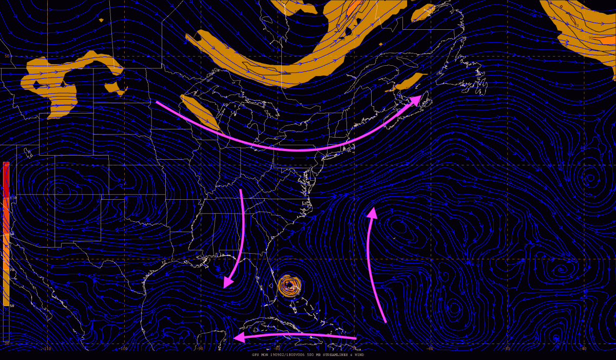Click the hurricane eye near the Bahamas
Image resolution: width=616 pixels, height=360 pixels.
point(290,285)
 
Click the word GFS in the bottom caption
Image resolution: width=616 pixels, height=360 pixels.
point(256,354)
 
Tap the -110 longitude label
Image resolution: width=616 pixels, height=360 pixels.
point(47,348)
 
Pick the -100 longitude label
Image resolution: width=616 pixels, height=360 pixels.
point(123,348)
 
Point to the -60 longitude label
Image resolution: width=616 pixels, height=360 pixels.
point(430,348)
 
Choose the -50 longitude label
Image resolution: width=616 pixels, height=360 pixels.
point(507,348)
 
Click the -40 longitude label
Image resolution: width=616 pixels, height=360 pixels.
point(583,348)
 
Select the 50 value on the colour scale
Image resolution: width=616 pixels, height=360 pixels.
point(11,306)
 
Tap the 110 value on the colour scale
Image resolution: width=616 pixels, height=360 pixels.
point(12,198)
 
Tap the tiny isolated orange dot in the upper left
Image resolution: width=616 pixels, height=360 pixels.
point(101,20)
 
